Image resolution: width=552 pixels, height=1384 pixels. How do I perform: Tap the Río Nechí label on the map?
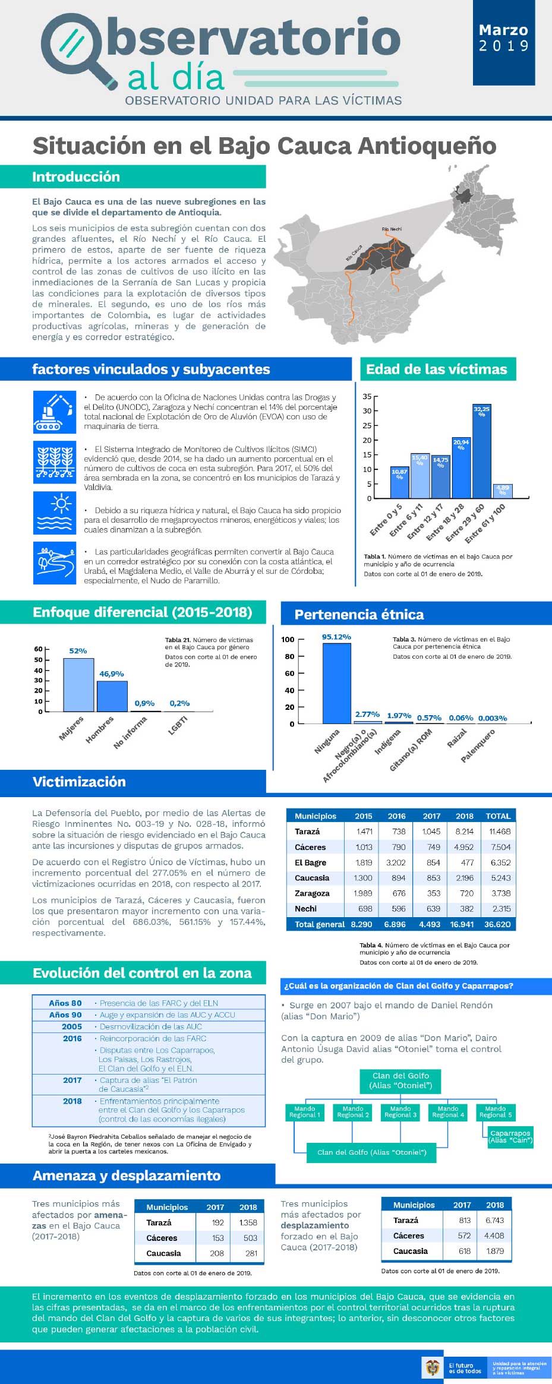[x=392, y=229]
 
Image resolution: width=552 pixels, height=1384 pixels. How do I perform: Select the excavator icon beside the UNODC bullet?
[x=55, y=412]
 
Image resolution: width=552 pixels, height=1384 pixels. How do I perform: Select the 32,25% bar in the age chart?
[x=481, y=451]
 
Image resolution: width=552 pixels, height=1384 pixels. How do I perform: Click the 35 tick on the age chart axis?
[x=367, y=396]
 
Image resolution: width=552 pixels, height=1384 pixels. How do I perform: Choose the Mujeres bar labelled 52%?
[x=78, y=685]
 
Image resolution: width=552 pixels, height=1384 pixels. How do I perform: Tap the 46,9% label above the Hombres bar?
[x=112, y=674]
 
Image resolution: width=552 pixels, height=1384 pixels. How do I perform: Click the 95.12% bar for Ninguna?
[x=337, y=683]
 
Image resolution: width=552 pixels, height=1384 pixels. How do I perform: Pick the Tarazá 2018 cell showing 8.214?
[x=464, y=832]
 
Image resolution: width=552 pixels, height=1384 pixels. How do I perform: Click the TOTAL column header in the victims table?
[x=498, y=816]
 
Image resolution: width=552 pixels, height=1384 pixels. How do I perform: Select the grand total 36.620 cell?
[x=497, y=924]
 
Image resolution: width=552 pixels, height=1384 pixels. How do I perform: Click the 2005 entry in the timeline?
[x=72, y=1026]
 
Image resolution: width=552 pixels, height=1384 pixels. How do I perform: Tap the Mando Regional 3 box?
[x=400, y=1112]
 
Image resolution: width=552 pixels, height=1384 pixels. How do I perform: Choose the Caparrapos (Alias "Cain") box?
[x=510, y=1136]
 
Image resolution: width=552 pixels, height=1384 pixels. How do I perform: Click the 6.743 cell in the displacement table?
[x=494, y=1220]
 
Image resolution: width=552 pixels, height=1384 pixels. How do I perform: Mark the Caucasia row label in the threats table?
[x=163, y=1253]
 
